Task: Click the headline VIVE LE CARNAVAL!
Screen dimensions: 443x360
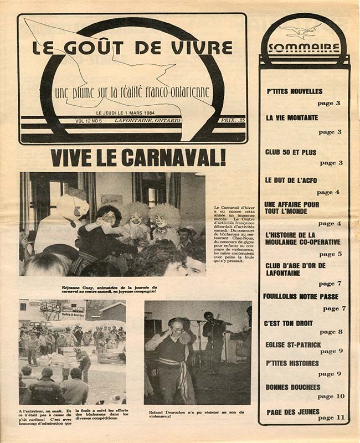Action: coord(138,158)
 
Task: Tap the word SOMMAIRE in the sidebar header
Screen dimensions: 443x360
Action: coord(304,47)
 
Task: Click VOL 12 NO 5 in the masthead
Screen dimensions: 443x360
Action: coord(92,120)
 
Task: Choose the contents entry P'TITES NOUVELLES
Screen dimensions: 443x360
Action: coord(294,91)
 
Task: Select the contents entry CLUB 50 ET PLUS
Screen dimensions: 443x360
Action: coord(291,152)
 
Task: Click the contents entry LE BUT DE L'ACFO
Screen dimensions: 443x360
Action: coord(291,180)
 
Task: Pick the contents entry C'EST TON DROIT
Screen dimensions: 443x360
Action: coord(289,323)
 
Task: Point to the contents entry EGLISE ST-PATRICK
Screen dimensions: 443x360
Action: coord(293,344)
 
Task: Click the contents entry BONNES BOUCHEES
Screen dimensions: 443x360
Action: coord(293,387)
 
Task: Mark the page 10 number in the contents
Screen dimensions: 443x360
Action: coord(331,396)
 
